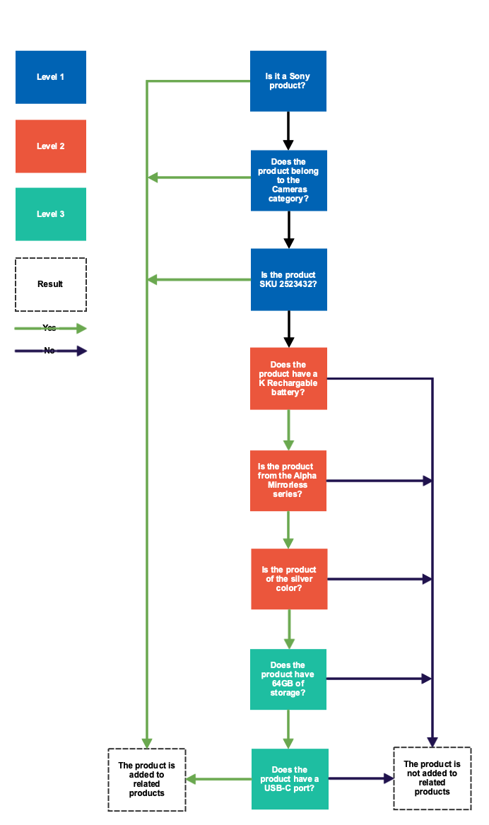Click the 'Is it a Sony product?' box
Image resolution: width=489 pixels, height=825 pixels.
[288, 81]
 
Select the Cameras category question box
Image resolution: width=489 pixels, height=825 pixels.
[288, 180]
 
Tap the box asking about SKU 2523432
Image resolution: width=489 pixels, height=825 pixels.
[288, 279]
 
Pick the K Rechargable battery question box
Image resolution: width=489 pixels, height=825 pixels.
[288, 378]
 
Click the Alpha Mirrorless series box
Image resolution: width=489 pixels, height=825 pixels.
[288, 481]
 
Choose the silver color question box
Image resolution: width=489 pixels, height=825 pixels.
[289, 578]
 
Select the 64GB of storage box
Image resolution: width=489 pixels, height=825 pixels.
[288, 679]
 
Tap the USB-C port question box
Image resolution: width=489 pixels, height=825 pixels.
[290, 778]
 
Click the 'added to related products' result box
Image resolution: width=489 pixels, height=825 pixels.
[146, 779]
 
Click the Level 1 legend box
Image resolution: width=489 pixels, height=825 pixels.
[51, 77]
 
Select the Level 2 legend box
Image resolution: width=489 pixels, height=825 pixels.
[51, 146]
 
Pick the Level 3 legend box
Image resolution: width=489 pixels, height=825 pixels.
[51, 214]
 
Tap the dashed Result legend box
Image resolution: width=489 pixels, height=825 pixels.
[51, 284]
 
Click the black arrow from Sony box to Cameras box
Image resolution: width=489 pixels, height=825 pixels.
[288, 130]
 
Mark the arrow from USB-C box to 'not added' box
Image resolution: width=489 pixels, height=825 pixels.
[360, 778]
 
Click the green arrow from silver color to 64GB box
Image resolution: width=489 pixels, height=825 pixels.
[288, 628]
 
